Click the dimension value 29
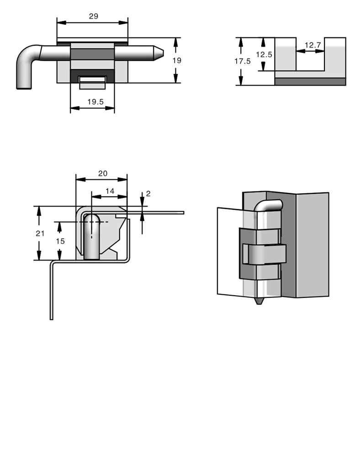click(x=93, y=16)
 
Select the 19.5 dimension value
click(x=95, y=102)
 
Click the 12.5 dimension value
click(x=264, y=54)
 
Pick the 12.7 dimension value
click(x=312, y=45)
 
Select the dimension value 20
click(x=103, y=173)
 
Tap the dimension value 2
click(x=148, y=193)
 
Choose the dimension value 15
click(x=60, y=241)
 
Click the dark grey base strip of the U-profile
click(x=310, y=81)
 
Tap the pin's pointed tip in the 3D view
click(x=259, y=301)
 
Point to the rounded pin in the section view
click(x=91, y=235)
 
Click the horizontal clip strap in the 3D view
click(x=264, y=255)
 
